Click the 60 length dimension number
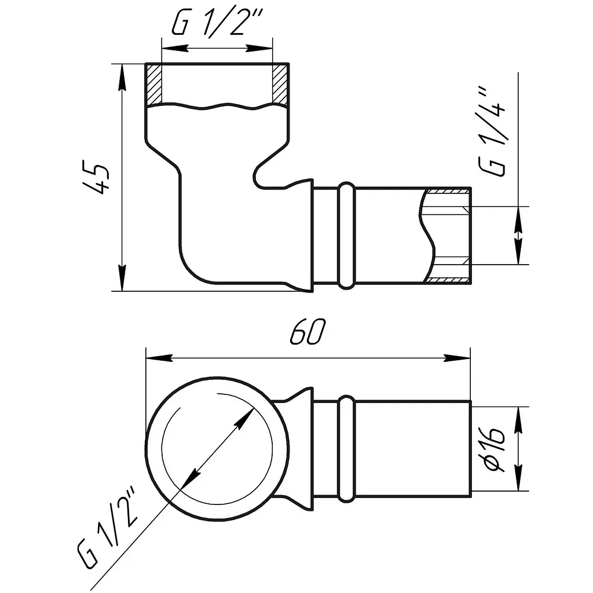[x=307, y=332]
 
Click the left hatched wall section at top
[x=154, y=84]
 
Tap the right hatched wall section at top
[x=280, y=84]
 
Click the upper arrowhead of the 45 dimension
[x=122, y=77]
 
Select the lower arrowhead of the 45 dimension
[x=122, y=277]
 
